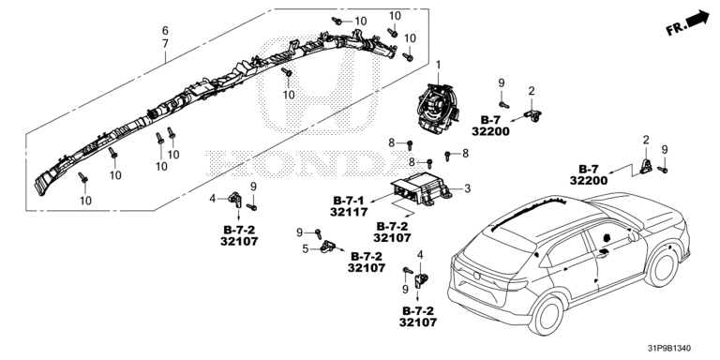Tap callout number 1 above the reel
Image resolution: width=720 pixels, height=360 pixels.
(438, 66)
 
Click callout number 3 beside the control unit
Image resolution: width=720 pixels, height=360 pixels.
(467, 188)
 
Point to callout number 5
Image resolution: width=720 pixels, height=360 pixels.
(306, 248)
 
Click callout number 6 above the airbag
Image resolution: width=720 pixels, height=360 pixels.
(165, 31)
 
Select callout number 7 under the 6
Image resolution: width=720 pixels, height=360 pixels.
(165, 44)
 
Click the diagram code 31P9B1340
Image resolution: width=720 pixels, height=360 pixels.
(669, 349)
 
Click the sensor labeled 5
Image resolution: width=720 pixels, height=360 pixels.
(329, 247)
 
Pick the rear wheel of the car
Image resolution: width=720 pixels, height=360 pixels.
(547, 315)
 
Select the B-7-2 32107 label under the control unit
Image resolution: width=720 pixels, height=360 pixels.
(392, 232)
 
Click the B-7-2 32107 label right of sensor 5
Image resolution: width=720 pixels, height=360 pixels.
(367, 262)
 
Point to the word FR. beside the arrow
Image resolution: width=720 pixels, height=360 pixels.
(676, 28)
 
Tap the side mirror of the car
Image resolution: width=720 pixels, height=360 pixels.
(632, 235)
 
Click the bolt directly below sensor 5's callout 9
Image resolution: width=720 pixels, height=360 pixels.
(318, 234)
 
